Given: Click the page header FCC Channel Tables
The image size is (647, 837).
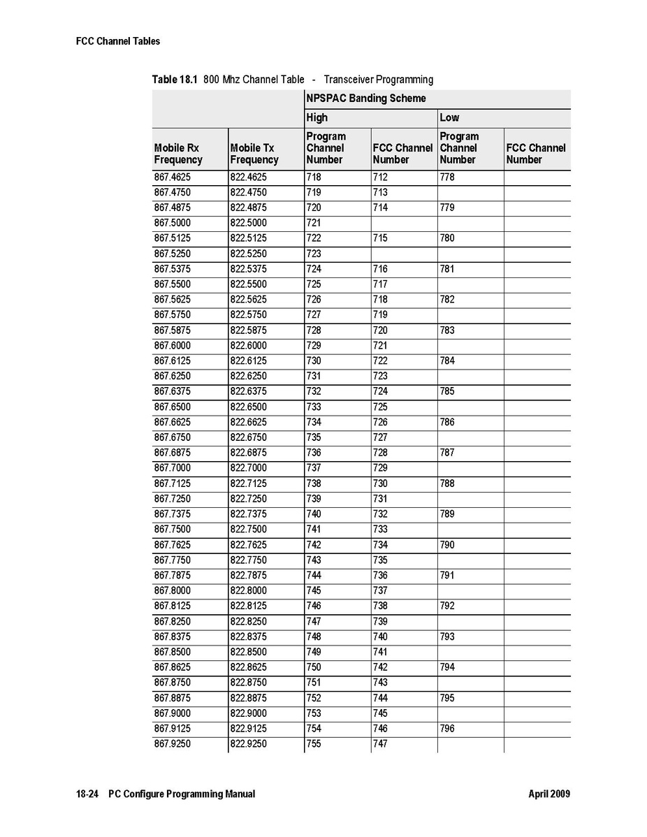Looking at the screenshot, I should [117, 41].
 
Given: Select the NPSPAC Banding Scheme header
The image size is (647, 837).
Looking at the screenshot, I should [365, 99].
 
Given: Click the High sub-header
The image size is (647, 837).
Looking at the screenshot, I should [317, 117].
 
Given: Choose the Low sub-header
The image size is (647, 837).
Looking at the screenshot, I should [449, 117].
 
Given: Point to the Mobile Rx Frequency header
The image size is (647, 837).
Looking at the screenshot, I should [178, 154].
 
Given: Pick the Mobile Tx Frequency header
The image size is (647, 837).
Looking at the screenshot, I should [254, 154].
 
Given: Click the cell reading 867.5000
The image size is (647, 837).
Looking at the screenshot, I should [172, 223].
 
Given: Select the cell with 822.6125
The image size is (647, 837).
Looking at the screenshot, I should [248, 361].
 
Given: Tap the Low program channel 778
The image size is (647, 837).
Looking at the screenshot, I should [447, 177].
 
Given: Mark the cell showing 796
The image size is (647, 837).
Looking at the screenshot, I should [447, 729].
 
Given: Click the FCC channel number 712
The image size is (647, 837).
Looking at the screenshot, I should [380, 177].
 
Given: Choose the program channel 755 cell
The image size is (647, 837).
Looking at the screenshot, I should [314, 744].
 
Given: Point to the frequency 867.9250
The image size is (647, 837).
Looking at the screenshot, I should [172, 744].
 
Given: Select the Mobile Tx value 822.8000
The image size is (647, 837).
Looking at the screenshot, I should [248, 590].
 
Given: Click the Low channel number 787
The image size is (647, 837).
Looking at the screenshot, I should [447, 453].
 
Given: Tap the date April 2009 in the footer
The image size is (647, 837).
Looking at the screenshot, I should [549, 794].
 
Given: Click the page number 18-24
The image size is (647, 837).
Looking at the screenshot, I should [87, 794].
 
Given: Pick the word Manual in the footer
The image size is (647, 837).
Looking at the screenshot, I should [240, 794].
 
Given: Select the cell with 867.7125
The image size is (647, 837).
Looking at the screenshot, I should [172, 483].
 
